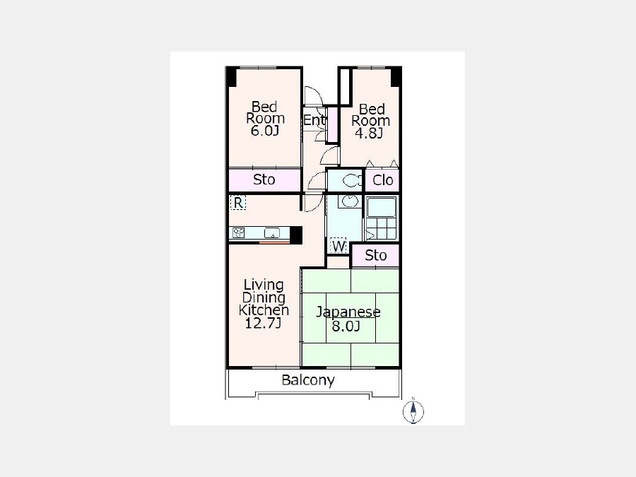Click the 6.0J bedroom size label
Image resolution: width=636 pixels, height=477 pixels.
(264, 131)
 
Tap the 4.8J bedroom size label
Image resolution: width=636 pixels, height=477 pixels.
(369, 133)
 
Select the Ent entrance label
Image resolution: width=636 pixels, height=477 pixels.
(314, 120)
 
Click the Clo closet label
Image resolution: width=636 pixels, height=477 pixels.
(382, 180)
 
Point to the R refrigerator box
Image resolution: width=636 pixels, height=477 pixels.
(238, 202)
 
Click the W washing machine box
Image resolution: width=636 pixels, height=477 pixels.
(338, 245)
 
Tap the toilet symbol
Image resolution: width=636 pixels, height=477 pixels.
(352, 180)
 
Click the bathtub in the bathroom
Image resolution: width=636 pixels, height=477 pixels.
(382, 207)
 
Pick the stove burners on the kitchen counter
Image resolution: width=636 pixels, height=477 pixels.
(239, 232)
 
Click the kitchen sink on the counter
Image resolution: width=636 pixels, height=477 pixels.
(272, 233)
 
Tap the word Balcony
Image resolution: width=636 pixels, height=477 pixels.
(308, 380)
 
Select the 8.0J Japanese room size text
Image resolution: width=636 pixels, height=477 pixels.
(346, 326)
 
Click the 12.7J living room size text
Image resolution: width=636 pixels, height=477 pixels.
(264, 323)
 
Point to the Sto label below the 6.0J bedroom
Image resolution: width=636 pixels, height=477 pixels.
(264, 179)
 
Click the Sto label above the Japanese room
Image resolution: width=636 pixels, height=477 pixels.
(376, 256)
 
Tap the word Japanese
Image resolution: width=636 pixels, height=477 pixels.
(348, 312)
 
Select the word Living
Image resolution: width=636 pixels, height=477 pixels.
(264, 285)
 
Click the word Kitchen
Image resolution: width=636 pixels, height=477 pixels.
(264, 310)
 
